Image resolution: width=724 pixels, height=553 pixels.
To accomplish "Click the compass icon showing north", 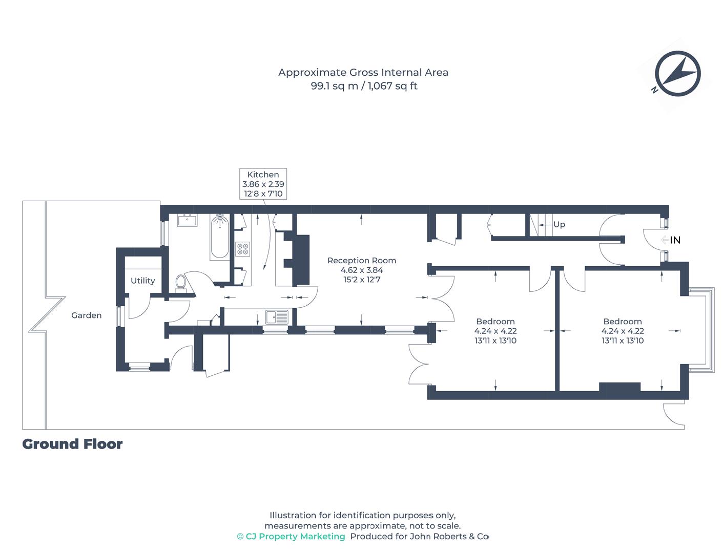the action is coord(677,73).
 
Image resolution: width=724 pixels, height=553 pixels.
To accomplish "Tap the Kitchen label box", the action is coord(263,184).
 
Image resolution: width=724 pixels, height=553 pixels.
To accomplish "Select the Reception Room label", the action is coord(362,260).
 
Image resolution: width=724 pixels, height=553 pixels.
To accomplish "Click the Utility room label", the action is coord(142,281).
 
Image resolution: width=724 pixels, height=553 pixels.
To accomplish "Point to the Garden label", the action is coord(87,315).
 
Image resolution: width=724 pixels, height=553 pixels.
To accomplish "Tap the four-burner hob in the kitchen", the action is coord(243,249).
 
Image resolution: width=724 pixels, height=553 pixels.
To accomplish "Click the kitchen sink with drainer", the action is coord(277,317).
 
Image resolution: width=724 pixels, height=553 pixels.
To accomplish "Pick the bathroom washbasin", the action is coord(187,221).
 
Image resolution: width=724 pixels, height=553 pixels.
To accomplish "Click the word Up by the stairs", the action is coord(559,225).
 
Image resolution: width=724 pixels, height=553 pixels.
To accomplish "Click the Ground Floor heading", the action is coord(72,444).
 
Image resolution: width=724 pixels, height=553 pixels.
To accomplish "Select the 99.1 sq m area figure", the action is coord(334,86).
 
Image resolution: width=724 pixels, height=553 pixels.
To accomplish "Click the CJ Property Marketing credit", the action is coord(291,537).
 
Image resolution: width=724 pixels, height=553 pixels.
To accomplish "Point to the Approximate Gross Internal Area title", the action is coord(363,73).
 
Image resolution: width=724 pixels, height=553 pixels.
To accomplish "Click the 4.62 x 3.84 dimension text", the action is coord(362,270).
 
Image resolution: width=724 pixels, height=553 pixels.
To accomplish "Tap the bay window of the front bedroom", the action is coord(701,330).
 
